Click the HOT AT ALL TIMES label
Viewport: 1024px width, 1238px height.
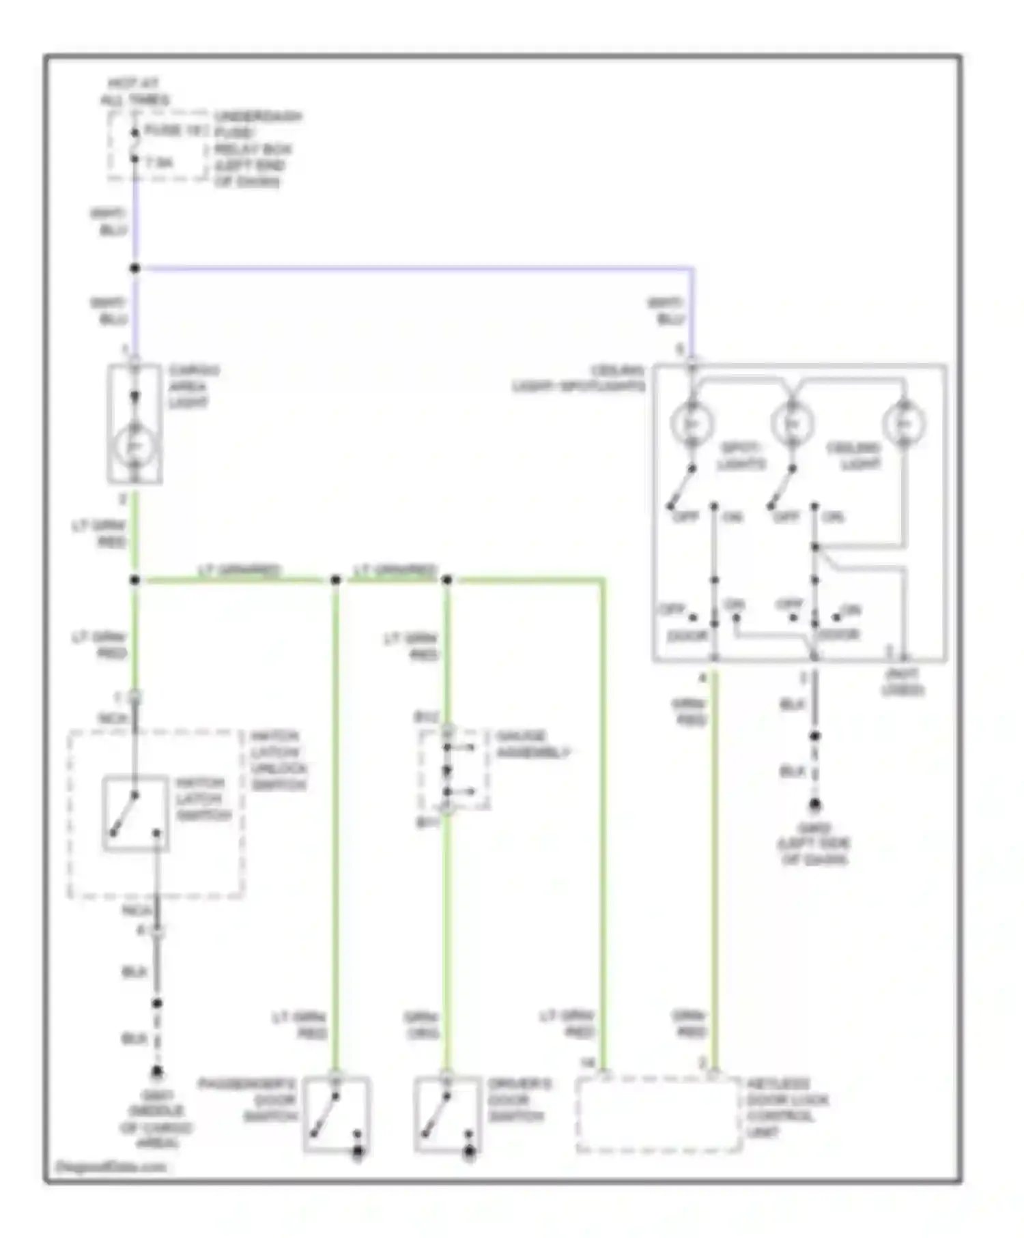pos(134,91)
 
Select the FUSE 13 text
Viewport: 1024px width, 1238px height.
pos(173,130)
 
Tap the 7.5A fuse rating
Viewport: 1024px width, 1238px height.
pos(159,163)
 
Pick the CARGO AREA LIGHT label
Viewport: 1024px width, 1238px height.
pos(193,386)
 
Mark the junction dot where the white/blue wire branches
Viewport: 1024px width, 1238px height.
pos(134,268)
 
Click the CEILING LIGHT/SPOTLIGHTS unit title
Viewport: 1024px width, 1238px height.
pos(579,379)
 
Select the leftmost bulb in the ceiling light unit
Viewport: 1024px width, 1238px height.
pos(692,424)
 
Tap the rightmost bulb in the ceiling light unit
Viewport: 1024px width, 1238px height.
pos(903,424)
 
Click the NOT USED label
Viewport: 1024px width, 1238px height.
pos(902,682)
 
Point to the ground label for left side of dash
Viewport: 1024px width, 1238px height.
pos(814,844)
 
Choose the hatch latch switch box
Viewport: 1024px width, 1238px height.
pos(135,813)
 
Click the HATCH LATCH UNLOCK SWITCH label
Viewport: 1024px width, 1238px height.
pos(279,760)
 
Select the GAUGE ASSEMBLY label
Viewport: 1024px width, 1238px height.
pos(532,744)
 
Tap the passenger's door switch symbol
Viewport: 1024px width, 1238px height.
pos(336,1115)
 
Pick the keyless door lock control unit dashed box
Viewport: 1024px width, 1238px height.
pos(658,1115)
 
